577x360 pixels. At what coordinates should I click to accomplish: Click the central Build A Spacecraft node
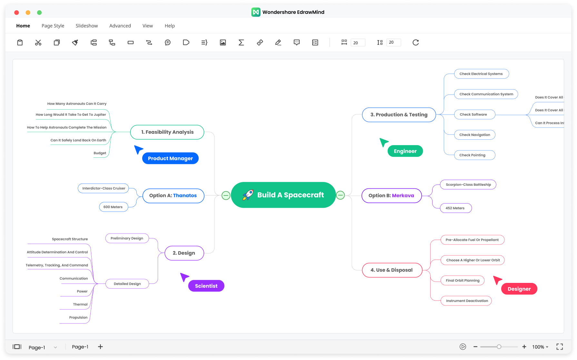pos(283,195)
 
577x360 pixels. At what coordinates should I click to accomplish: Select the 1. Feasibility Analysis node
pos(167,132)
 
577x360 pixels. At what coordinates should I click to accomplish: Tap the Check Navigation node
pos(475,135)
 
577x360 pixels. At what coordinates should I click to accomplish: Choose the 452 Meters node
pos(455,208)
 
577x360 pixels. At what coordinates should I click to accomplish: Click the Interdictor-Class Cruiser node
pos(104,188)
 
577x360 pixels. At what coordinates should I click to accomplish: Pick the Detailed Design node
pos(127,284)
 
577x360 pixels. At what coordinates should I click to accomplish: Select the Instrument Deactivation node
pos(466,301)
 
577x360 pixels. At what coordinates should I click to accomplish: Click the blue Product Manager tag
pos(170,158)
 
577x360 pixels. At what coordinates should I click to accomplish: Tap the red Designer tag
pos(519,289)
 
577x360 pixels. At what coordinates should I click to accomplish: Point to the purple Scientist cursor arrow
pos(184,277)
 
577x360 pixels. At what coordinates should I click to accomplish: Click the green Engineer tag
pos(405,151)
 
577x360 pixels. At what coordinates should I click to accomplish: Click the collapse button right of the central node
pos(340,195)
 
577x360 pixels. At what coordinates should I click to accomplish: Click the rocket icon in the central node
pos(248,195)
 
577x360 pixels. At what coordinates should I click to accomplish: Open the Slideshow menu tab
pos(87,26)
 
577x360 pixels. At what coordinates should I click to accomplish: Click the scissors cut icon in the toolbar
pos(38,42)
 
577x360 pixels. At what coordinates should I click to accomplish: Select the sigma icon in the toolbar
pos(241,42)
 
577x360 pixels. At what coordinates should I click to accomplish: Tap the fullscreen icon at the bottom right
pos(560,347)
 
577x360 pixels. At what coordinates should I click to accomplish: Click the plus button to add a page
pos(100,347)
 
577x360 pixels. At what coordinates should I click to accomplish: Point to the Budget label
pos(100,153)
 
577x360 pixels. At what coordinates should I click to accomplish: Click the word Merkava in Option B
pos(403,195)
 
